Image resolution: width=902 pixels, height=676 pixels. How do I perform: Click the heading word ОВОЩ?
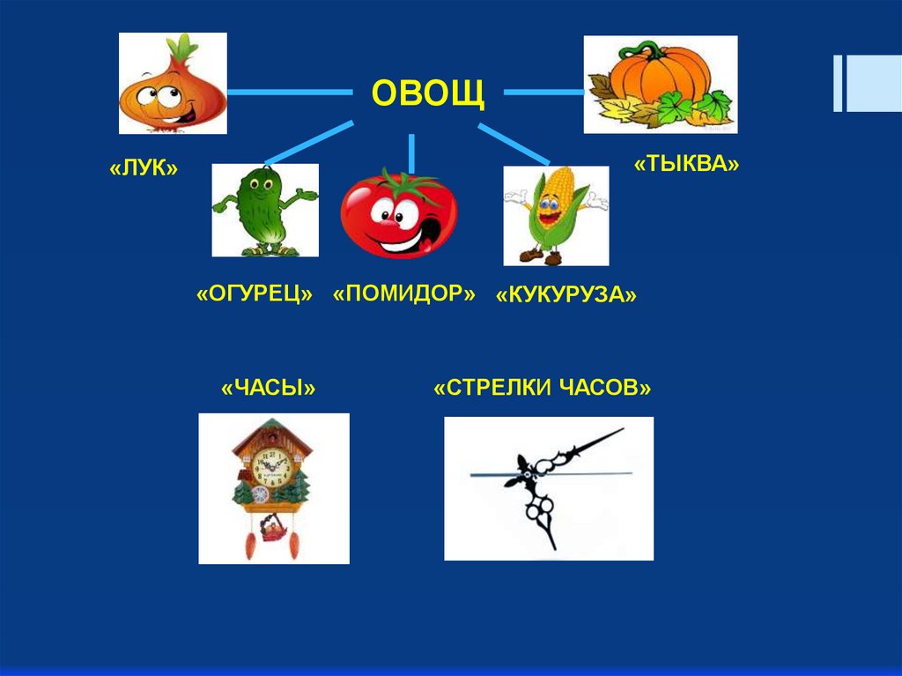click(x=427, y=93)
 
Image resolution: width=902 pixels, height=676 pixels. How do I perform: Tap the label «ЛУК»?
click(x=144, y=167)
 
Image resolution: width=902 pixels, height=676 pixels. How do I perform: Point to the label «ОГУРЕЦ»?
click(x=255, y=293)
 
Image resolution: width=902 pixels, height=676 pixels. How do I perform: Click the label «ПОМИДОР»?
click(x=404, y=293)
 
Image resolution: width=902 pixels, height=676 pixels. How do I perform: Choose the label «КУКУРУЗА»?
click(x=566, y=295)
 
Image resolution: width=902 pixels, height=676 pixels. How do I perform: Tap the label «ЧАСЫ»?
click(x=269, y=389)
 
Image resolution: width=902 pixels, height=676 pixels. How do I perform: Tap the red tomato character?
click(x=399, y=214)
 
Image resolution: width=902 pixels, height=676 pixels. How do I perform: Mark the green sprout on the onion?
click(x=183, y=48)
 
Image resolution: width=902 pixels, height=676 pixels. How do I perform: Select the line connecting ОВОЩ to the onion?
click(x=289, y=91)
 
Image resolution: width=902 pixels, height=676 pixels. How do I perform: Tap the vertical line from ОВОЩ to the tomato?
click(x=411, y=152)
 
